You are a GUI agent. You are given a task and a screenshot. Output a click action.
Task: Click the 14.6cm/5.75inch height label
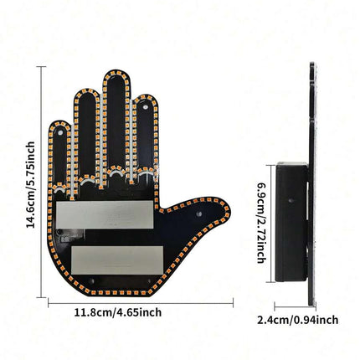(x=31, y=185)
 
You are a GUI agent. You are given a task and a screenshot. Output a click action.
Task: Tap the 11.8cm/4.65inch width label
(x=118, y=312)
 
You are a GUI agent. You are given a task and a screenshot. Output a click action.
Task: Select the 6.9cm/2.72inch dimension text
(x=261, y=223)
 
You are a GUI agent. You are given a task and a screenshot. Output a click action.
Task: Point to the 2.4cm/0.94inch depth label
(x=298, y=320)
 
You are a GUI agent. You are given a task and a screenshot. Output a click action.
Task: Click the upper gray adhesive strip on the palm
(x=105, y=214)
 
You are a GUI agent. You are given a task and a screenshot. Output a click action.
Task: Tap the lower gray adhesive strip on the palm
(x=117, y=260)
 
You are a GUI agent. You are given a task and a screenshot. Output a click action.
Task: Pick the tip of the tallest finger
(x=116, y=71)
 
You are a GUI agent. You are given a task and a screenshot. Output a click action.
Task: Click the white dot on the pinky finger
(x=60, y=132)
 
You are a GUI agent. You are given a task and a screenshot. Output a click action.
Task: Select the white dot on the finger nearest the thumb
(x=145, y=106)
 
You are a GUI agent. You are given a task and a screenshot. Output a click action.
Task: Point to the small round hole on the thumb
(x=198, y=214)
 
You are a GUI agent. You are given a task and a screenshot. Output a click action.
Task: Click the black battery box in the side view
(x=291, y=222)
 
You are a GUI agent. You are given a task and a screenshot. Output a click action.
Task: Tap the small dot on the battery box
(x=291, y=200)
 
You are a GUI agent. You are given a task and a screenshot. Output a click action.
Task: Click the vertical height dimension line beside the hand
(x=42, y=182)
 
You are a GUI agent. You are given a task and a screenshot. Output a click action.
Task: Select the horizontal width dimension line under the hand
(x=141, y=303)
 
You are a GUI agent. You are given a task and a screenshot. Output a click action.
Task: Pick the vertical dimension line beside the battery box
(x=271, y=224)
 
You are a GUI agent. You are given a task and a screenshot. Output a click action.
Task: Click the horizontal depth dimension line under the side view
(x=296, y=306)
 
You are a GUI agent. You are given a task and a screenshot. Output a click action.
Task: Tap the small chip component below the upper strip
(x=66, y=239)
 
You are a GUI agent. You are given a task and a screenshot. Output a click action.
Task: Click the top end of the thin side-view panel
(x=311, y=63)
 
